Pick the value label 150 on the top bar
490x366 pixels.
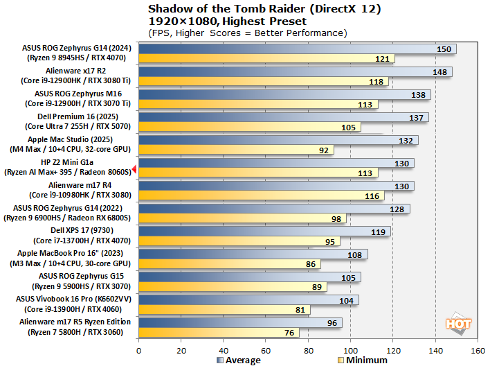pos(445,49)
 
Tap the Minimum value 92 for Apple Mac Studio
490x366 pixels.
pos(324,150)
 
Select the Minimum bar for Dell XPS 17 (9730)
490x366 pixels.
pos(239,241)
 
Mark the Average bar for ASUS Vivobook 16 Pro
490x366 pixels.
pos(248,299)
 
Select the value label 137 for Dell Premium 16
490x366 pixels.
pos(417,118)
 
